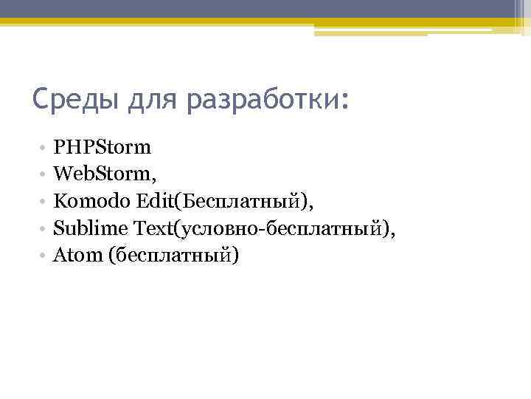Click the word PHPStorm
pyautogui.click(x=103, y=147)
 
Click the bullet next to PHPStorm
pyautogui.click(x=44, y=148)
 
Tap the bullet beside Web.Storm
pyautogui.click(x=44, y=174)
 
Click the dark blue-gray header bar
pyautogui.click(x=265, y=9)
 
